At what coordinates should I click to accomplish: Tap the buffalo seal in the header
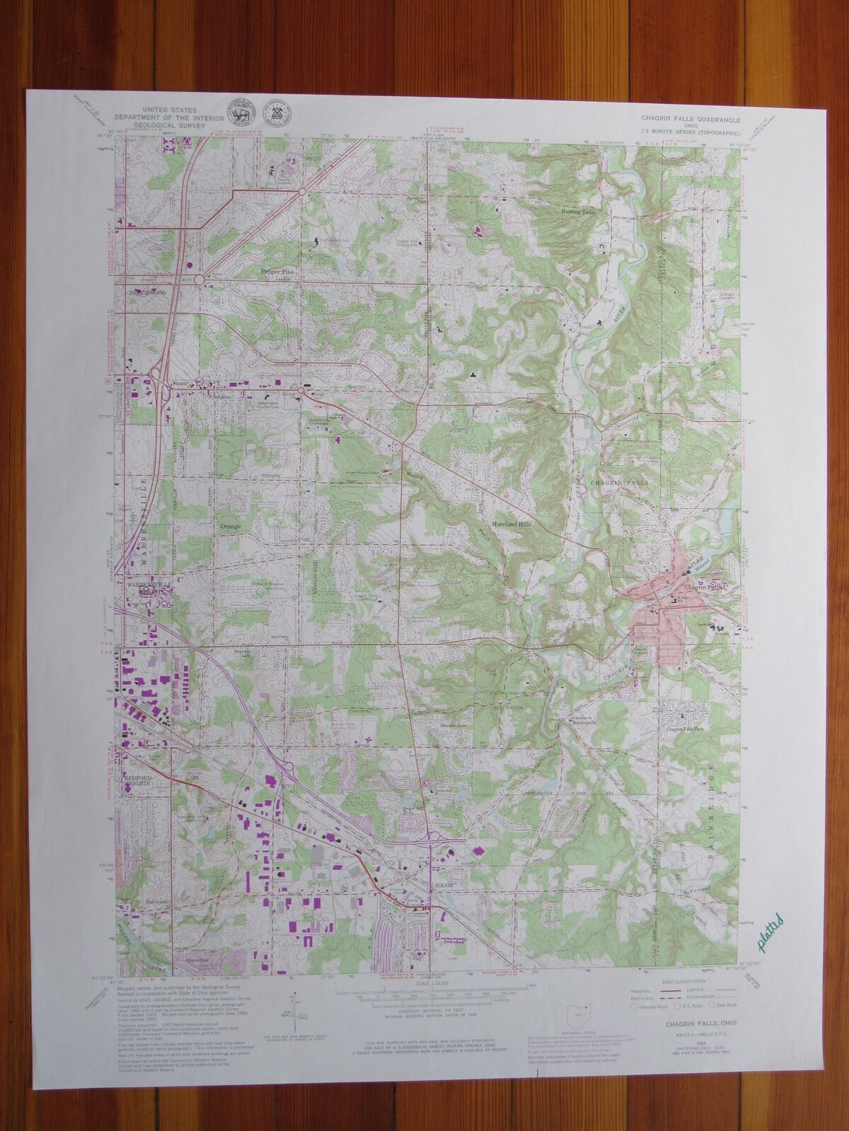coord(236,115)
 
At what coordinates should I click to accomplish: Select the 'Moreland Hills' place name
coord(511,526)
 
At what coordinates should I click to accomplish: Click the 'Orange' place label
coord(231,527)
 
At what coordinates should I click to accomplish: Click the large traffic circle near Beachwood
coord(200,281)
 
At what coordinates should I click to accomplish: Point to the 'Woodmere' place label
coord(211,397)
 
